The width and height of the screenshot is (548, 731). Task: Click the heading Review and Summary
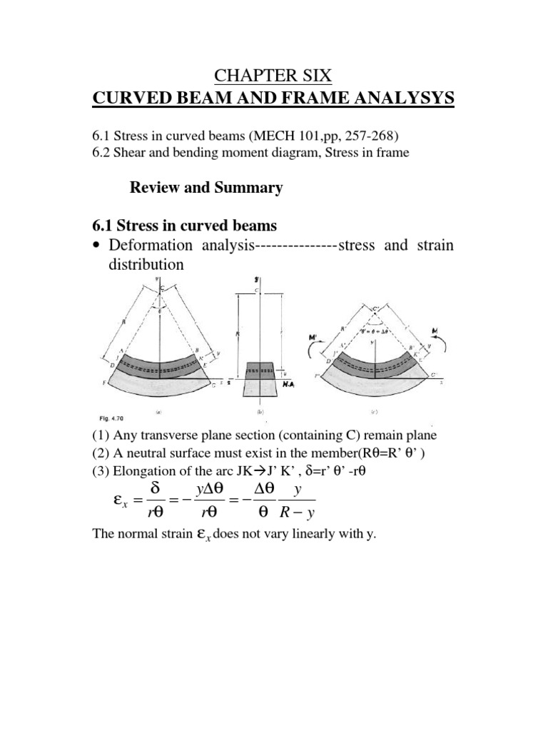[205, 188]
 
